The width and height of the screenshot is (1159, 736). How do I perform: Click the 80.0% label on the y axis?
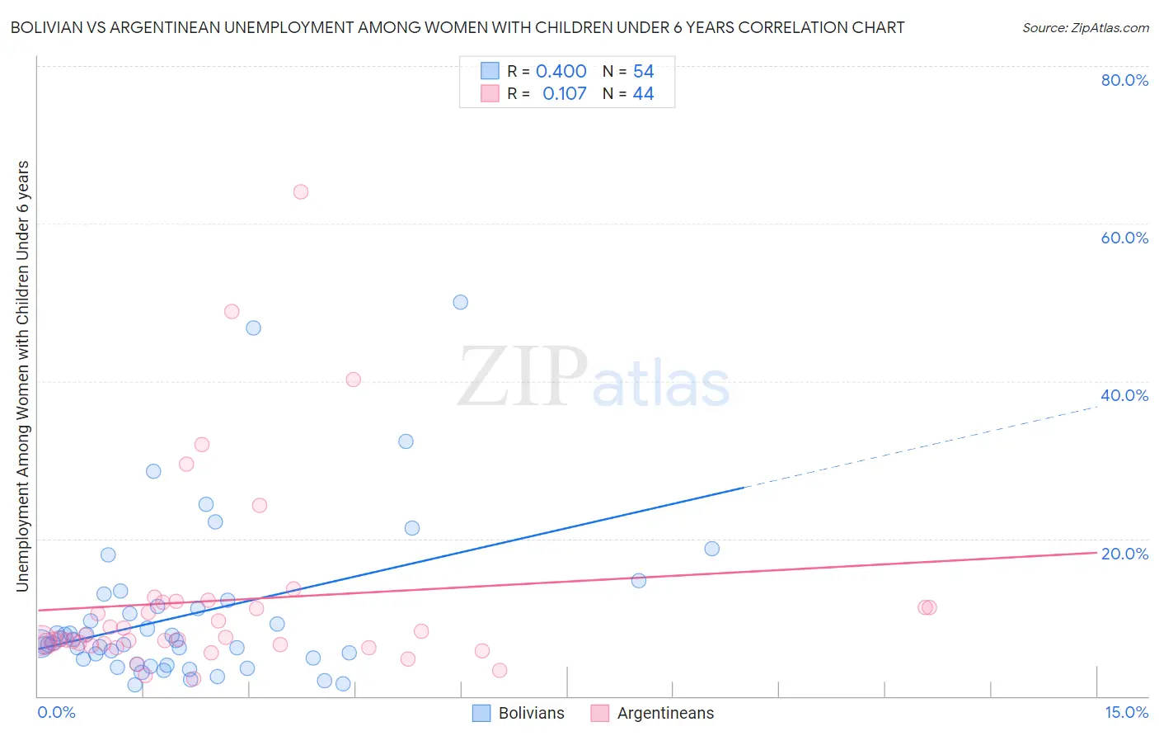1124,80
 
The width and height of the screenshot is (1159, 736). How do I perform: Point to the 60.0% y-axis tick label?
1124,238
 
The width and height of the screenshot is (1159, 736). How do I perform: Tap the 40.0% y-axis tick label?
1124,395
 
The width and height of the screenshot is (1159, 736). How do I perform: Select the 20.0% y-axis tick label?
1124,554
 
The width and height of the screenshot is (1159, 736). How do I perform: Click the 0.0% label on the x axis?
56,713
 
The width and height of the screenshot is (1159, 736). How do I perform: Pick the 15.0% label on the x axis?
1126,713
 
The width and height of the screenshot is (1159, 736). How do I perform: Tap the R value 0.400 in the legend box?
561,72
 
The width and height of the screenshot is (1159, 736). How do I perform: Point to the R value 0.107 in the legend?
564,94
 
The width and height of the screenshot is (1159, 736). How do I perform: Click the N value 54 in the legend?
643,72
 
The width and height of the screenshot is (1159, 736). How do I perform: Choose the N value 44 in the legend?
643,94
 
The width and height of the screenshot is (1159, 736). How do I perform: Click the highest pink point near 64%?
301,191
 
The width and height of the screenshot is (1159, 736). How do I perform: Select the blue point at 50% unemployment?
461,302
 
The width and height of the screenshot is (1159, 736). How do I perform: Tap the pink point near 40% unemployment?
354,380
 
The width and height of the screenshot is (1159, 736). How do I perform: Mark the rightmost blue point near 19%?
712,549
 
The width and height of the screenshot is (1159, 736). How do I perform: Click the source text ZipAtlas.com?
1085,28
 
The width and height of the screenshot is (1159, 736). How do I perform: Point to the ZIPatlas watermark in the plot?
594,378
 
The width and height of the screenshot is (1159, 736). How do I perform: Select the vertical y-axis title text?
22,375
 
